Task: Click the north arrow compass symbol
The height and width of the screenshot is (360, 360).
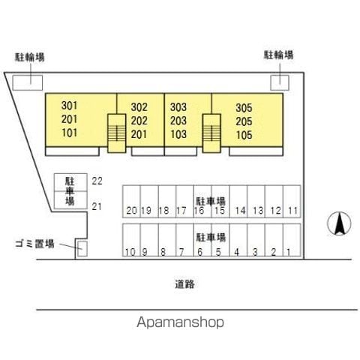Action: click(x=339, y=223)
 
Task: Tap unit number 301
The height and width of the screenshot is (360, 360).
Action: click(x=69, y=106)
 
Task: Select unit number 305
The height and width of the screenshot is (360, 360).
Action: click(x=244, y=108)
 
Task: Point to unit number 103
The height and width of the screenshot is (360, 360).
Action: click(x=178, y=134)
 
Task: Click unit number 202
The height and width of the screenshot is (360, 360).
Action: click(x=139, y=121)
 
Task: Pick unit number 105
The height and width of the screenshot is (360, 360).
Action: click(x=244, y=135)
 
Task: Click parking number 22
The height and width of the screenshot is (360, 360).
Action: click(x=97, y=181)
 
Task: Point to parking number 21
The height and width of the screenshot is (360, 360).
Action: click(x=97, y=207)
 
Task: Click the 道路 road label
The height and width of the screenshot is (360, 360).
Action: click(x=184, y=284)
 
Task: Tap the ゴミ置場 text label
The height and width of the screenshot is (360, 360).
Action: click(x=34, y=244)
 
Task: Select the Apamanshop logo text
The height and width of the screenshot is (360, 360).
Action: click(x=180, y=322)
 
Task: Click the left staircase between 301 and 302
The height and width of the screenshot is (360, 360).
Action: click(x=116, y=133)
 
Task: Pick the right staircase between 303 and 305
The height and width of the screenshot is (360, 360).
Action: click(x=211, y=133)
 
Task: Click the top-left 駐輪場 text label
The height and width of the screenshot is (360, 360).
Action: click(x=30, y=57)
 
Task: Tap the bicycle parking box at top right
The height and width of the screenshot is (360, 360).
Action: click(x=280, y=82)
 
